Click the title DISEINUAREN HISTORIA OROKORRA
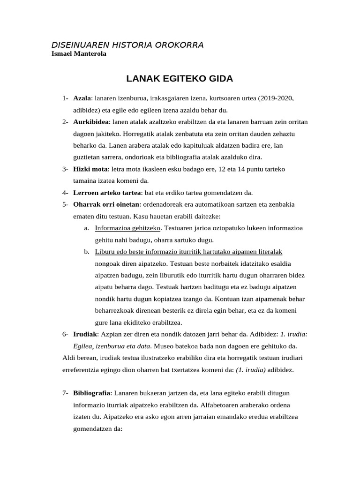pyautogui.click(x=127, y=45)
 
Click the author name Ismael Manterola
pyautogui.click(x=78, y=54)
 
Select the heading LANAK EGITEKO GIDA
pyautogui.click(x=180, y=78)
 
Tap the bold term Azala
pyautogui.click(x=82, y=98)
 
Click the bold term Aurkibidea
pyautogui.click(x=91, y=122)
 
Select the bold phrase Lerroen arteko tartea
pyautogui.click(x=107, y=193)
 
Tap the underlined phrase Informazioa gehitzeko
pyautogui.click(x=127, y=228)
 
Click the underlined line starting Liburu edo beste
pyautogui.click(x=188, y=252)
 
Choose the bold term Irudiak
pyautogui.click(x=84, y=334)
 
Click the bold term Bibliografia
pyautogui.click(x=92, y=393)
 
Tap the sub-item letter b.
pyautogui.click(x=87, y=252)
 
